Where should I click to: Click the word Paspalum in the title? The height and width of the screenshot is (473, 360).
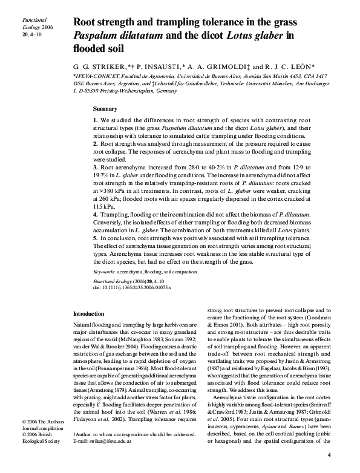(99, 36)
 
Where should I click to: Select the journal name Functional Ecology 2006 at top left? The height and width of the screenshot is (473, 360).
(25, 23)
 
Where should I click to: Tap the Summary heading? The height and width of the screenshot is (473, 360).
(105, 109)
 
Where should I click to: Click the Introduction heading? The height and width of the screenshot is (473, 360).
(88, 314)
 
